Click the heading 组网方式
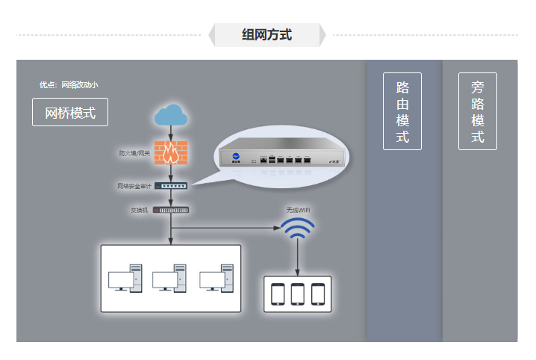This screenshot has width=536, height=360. tap(267, 34)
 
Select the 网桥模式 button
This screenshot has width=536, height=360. tap(70, 113)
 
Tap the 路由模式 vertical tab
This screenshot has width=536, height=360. tap(402, 111)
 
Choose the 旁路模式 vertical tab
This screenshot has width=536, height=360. tap(478, 111)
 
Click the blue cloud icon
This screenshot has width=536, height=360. tap(171, 116)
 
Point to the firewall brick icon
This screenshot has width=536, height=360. tap(171, 153)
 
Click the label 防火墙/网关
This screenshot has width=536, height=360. tap(134, 154)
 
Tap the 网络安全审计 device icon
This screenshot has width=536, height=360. tap(172, 185)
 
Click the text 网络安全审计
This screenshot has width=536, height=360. tap(134, 186)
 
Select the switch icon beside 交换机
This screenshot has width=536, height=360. tap(172, 210)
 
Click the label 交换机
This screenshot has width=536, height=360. tap(140, 210)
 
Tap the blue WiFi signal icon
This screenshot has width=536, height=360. tap(298, 229)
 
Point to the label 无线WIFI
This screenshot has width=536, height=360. tap(298, 210)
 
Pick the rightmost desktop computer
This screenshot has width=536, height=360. tap(215, 279)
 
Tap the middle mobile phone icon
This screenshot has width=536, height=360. tap(298, 294)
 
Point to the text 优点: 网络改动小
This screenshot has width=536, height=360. tap(69, 85)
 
